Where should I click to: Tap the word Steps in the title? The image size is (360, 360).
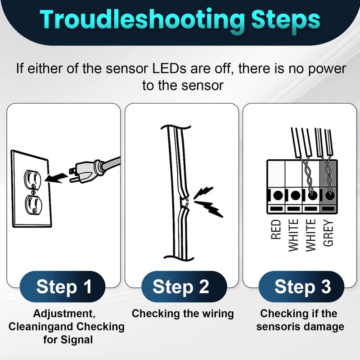tap(286, 21)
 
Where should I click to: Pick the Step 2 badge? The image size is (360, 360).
tap(181, 287)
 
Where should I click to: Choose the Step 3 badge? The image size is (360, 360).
tap(301, 287)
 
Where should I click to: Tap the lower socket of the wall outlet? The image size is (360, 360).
tap(33, 205)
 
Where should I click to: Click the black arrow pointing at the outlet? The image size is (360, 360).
tap(56, 178)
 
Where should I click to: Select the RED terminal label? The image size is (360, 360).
tap(276, 229)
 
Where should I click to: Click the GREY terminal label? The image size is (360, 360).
tap(328, 233)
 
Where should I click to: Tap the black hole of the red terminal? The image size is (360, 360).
tap(278, 195)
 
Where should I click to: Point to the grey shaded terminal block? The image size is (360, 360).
tap(328, 186)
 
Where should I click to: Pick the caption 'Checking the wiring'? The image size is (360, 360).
tap(183, 314)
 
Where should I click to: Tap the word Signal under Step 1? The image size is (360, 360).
tap(76, 340)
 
